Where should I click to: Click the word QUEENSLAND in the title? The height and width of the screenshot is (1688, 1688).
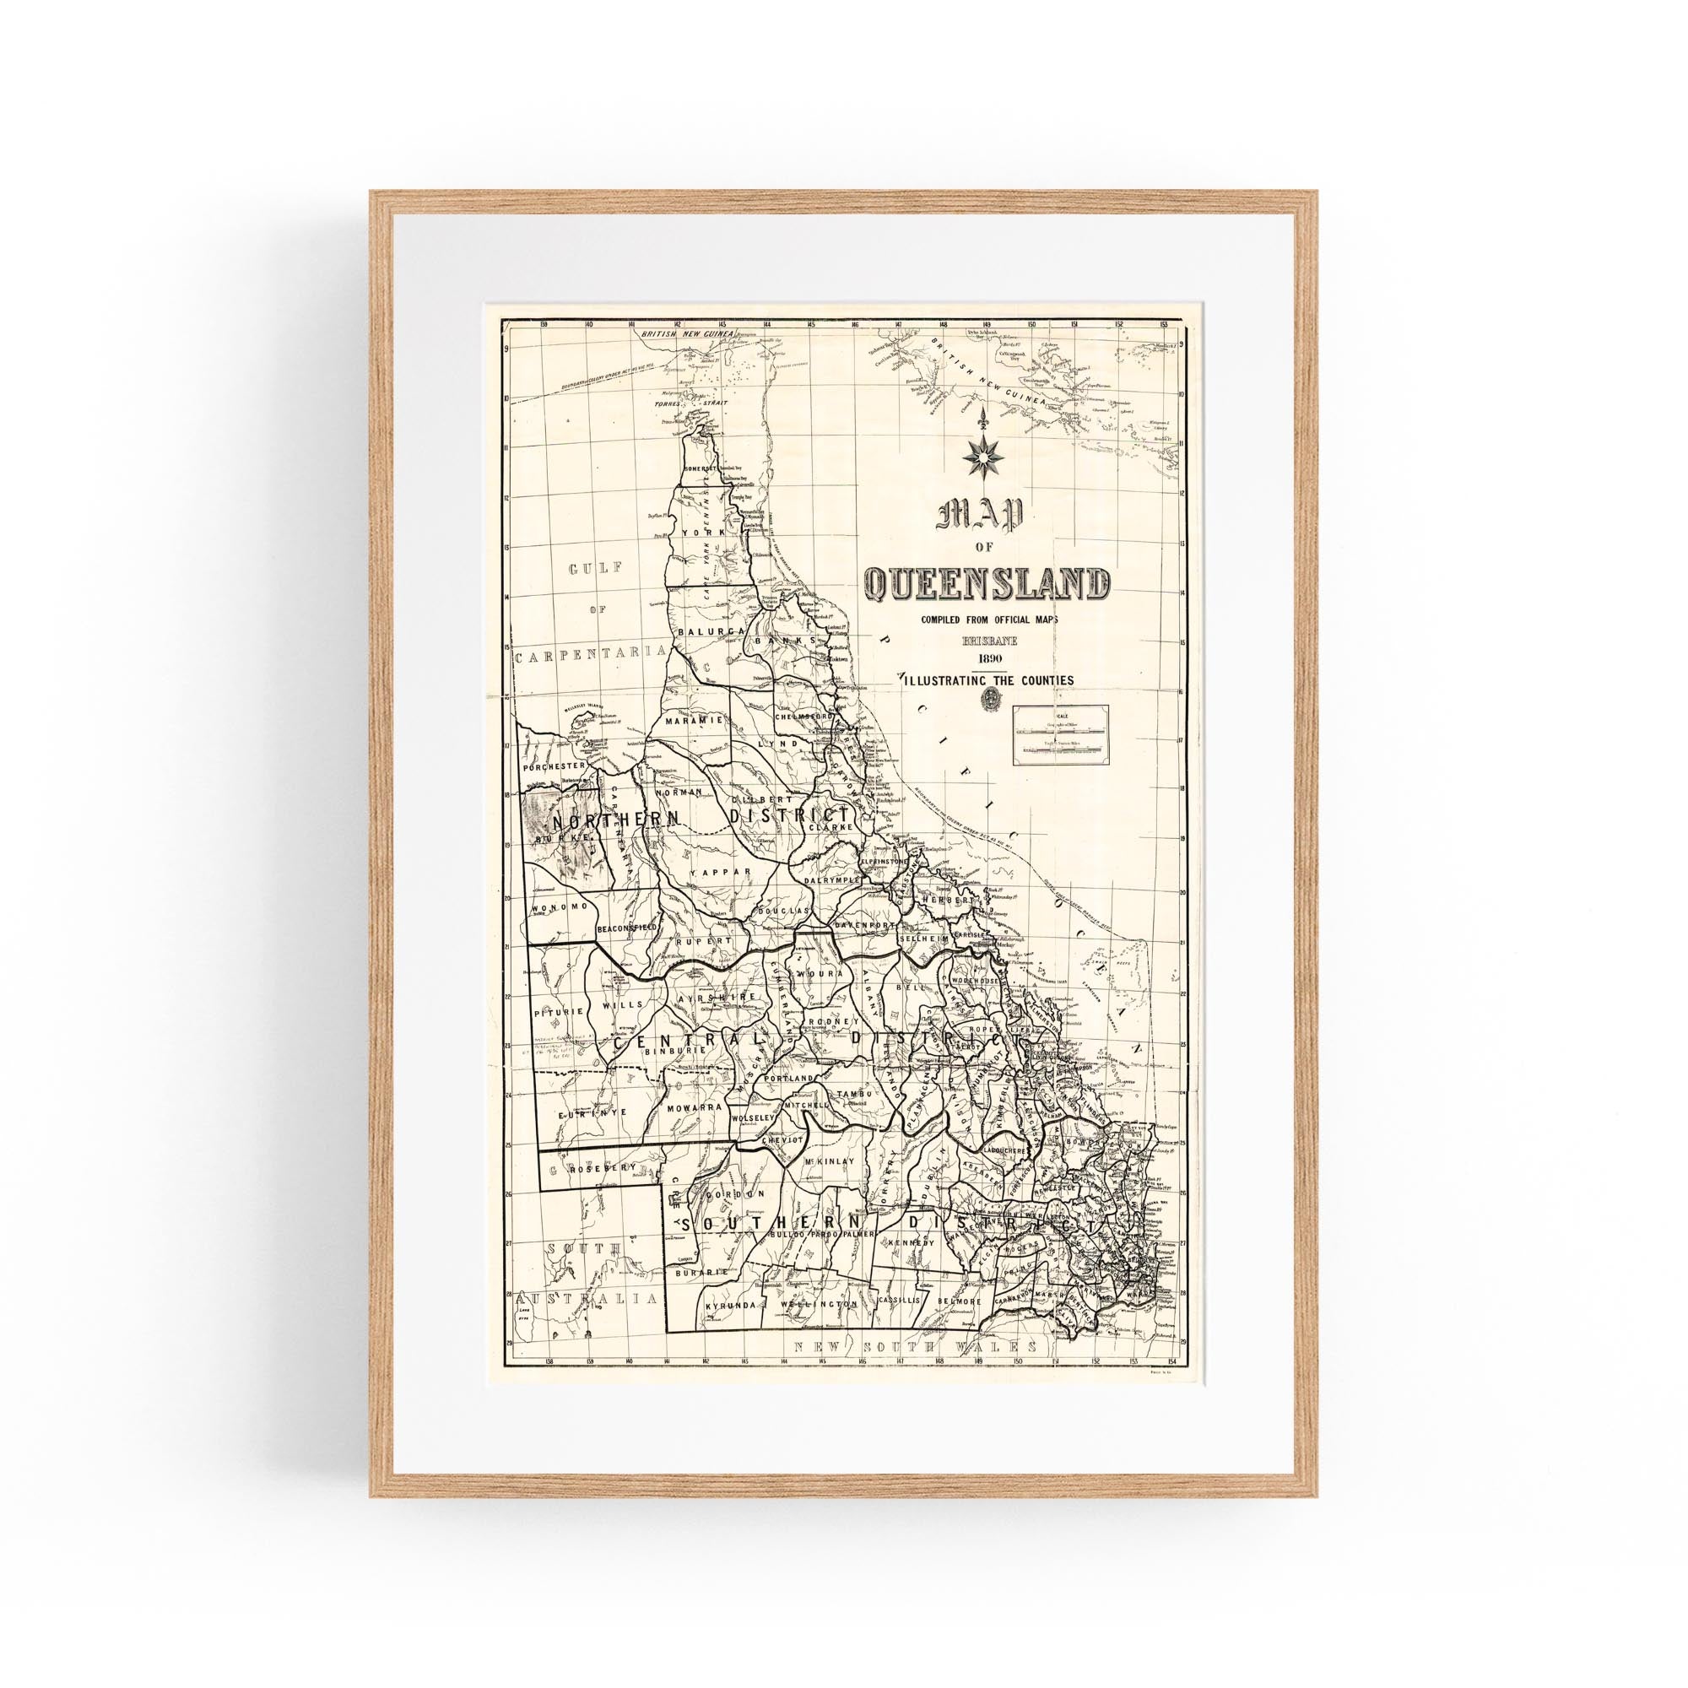987,585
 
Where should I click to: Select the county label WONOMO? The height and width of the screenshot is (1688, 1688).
556,908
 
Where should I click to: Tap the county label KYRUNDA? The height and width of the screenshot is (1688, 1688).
730,1328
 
